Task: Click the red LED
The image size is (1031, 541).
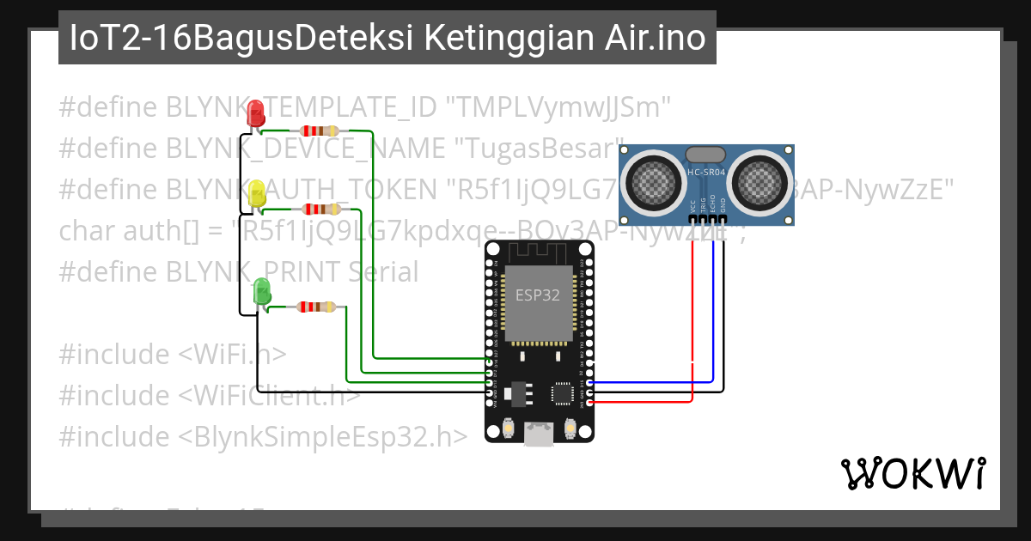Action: pos(255,114)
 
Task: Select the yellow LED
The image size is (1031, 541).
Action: pos(256,194)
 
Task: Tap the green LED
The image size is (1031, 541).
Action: pos(262,292)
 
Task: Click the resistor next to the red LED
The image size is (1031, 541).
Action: pos(320,131)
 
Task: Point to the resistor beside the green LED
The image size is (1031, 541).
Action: pos(317,307)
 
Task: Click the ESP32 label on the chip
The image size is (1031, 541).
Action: pos(538,295)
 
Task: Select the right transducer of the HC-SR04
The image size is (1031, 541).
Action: pos(760,179)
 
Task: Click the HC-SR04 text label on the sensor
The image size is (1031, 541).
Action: pos(706,173)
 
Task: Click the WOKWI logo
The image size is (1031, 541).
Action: pos(912,473)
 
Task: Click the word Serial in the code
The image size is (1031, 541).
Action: pos(384,272)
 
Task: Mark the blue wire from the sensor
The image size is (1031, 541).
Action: pos(712,318)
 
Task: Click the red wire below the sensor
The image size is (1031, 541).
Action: pos(692,318)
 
